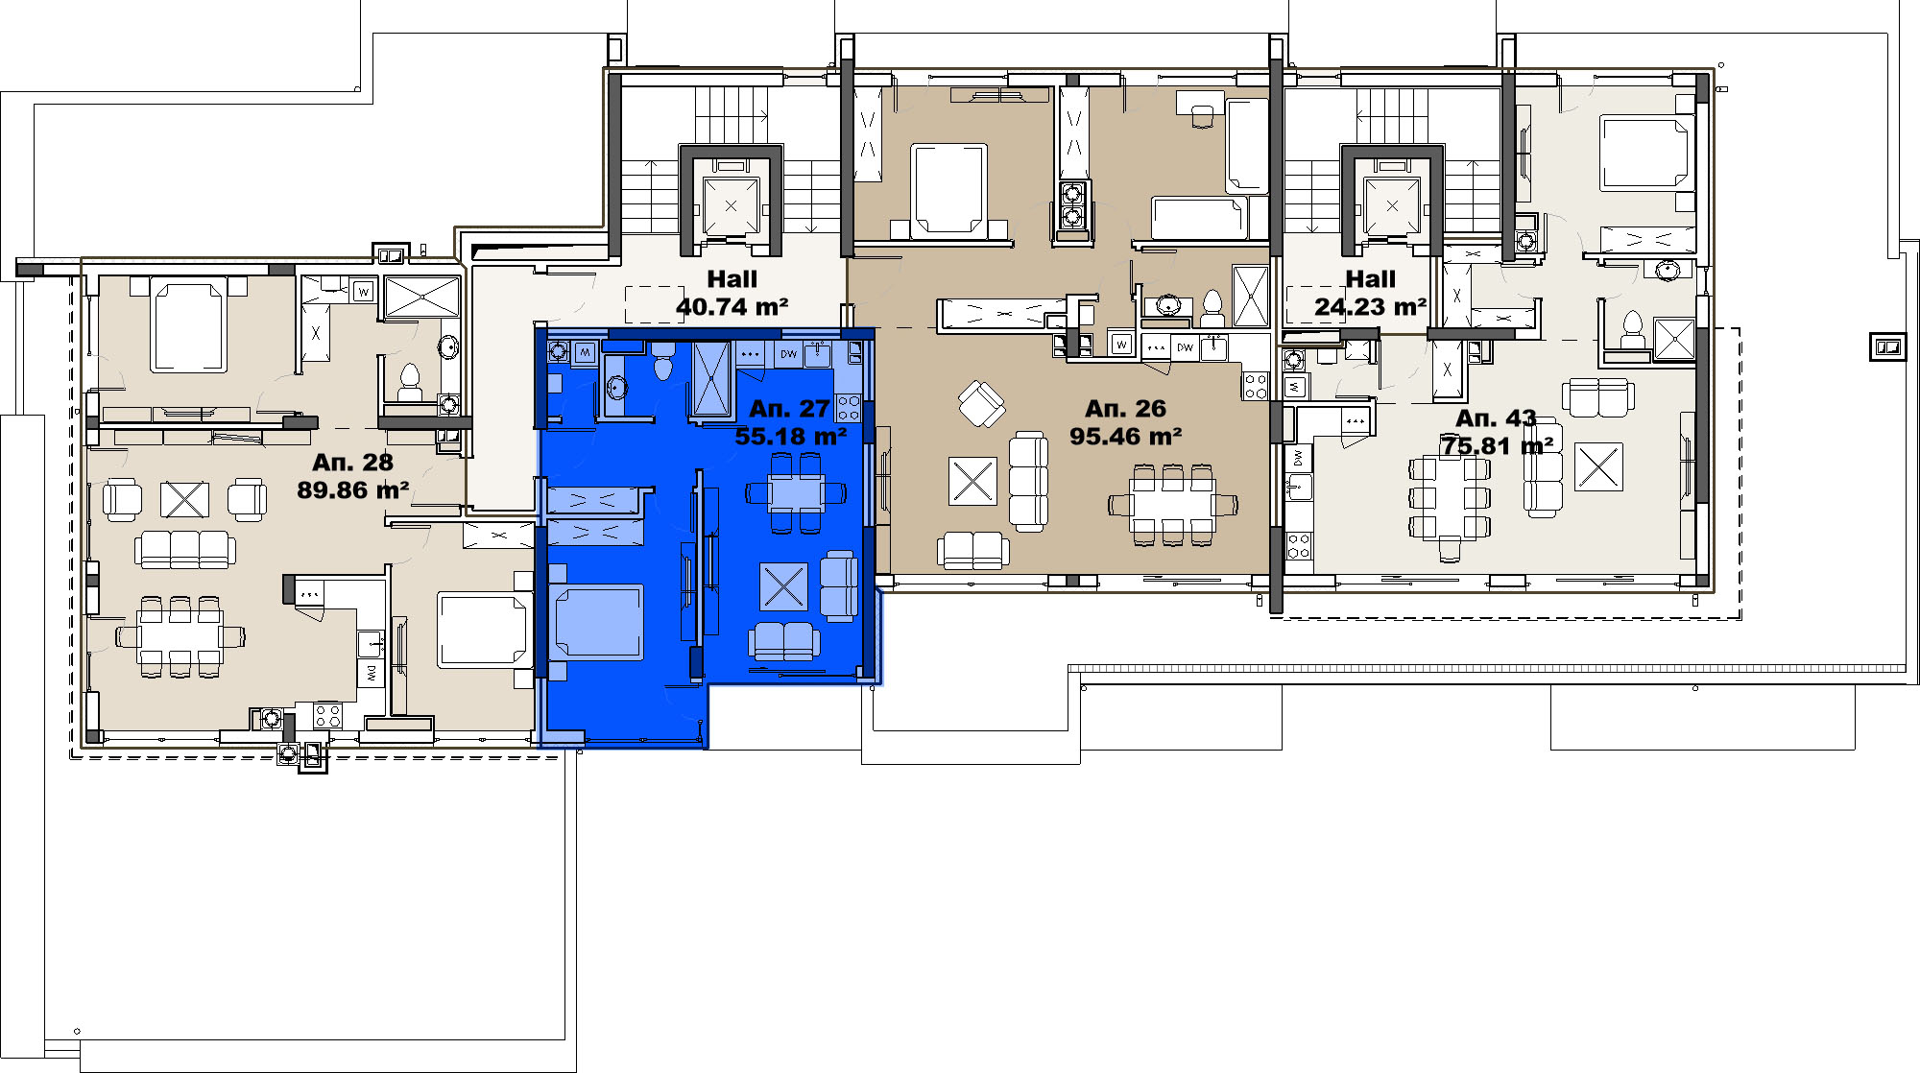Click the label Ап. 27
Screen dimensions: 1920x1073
click(x=789, y=409)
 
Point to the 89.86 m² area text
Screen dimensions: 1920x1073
click(x=353, y=490)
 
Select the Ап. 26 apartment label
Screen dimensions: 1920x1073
click(x=1125, y=409)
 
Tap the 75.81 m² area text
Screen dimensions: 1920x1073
click(x=1497, y=446)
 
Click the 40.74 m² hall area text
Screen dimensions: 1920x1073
click(x=732, y=307)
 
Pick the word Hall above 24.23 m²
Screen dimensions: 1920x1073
click(x=1370, y=279)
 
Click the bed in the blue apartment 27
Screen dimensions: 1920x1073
click(x=595, y=622)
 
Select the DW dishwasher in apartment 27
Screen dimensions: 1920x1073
click(x=788, y=354)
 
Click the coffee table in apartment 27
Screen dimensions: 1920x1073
click(x=783, y=586)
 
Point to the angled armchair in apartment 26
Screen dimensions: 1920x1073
click(x=981, y=404)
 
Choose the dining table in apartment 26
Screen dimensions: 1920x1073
click(x=1172, y=506)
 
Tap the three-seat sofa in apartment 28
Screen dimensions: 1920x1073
click(x=184, y=549)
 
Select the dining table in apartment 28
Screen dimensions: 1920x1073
click(x=180, y=636)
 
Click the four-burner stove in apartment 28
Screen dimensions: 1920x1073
click(x=326, y=715)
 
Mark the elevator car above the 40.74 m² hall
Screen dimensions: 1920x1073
click(x=731, y=204)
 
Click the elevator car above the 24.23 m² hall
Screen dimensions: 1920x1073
click(x=1392, y=204)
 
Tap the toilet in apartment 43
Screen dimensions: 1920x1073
click(x=1631, y=329)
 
